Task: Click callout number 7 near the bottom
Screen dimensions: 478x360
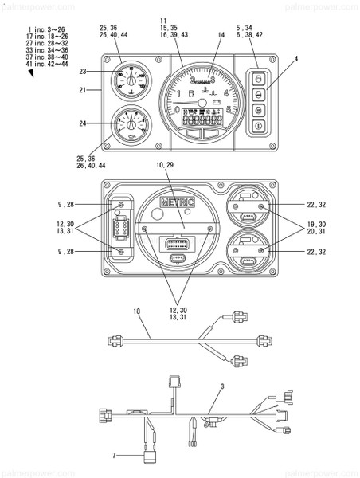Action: (114, 456)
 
